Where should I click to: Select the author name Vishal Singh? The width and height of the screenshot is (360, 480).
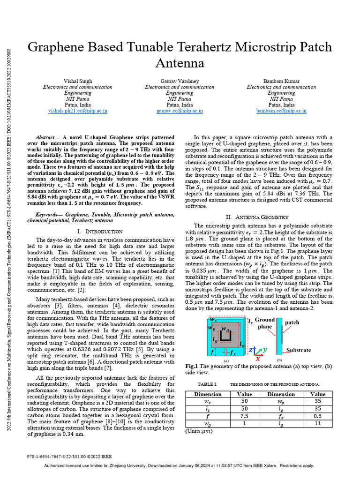point(78,81)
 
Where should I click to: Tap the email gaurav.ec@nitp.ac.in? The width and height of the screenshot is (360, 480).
point(180,111)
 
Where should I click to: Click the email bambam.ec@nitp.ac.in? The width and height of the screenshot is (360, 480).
point(281,111)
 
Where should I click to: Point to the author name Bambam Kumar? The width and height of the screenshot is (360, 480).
point(281,81)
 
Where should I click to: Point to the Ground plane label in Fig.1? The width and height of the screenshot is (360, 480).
point(265,323)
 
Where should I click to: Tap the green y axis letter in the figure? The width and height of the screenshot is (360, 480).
point(265,349)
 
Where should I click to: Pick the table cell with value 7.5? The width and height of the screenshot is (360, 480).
point(244,415)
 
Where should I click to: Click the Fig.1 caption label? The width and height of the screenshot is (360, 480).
point(192,366)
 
